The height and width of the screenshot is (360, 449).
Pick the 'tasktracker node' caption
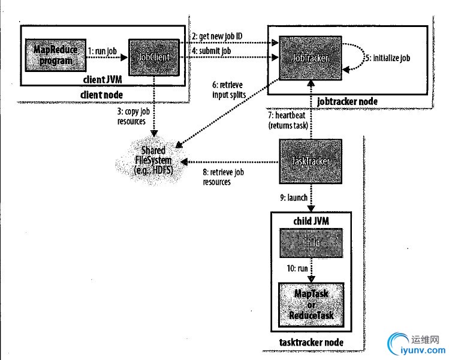[311, 342]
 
